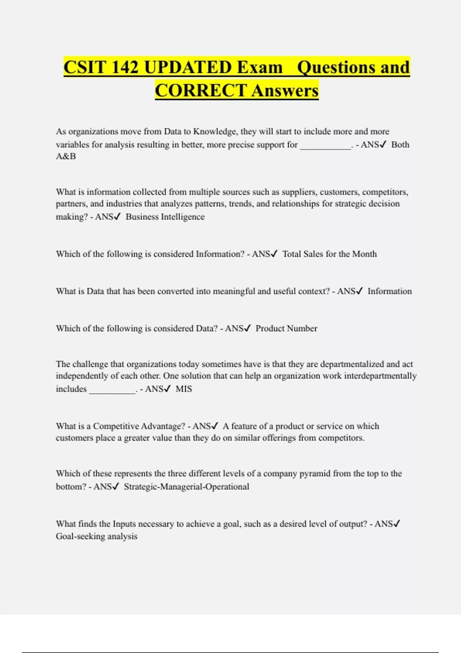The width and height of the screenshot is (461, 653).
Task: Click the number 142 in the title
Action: [x=124, y=67]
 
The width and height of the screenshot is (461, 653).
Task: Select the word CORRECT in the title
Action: [x=201, y=91]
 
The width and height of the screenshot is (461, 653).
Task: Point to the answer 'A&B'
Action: [x=66, y=156]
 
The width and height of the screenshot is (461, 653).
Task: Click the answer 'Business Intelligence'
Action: [x=165, y=217]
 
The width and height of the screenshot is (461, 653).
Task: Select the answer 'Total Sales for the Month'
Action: [x=329, y=254]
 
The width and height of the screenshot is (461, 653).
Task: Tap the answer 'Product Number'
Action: [x=286, y=329]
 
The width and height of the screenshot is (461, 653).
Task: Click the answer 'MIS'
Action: [x=184, y=389]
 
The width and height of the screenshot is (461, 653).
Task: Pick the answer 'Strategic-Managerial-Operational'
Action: [x=186, y=487]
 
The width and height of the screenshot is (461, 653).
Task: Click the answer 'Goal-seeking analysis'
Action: [x=96, y=537]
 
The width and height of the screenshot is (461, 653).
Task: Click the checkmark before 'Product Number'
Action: [x=247, y=328]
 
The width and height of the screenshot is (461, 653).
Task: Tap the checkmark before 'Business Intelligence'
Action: [x=117, y=217]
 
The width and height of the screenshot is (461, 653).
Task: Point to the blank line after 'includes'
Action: [x=112, y=390]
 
